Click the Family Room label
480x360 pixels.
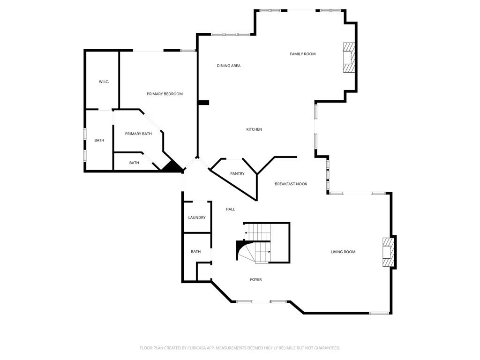[302, 54]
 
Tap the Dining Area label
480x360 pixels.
[228, 66]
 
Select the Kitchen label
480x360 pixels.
[254, 129]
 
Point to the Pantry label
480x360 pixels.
[237, 173]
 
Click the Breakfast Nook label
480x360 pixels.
[291, 184]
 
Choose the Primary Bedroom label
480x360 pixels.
[165, 94]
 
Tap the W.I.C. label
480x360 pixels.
[104, 82]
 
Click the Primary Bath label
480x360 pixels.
[138, 134]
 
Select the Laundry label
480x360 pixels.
[197, 217]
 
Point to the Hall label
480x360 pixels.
[230, 210]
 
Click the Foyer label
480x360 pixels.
[255, 279]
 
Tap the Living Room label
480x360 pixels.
[343, 252]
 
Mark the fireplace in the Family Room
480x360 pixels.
[349, 57]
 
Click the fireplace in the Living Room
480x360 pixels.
[388, 252]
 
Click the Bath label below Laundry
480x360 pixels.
[195, 252]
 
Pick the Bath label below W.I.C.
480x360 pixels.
[99, 141]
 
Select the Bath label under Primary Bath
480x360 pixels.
[134, 163]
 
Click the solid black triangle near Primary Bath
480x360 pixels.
[172, 166]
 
